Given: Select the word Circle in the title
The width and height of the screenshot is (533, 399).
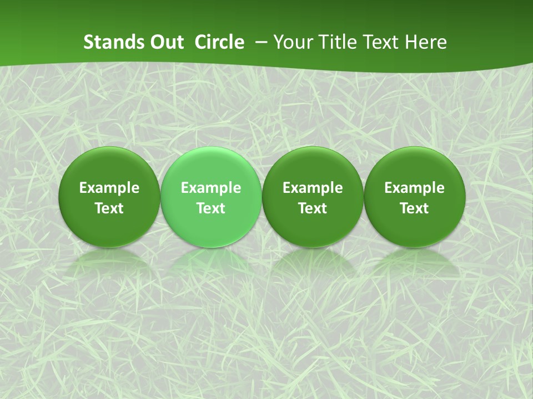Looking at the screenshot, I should tap(219, 42).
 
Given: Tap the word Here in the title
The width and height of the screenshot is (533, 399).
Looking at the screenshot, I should tap(426, 42).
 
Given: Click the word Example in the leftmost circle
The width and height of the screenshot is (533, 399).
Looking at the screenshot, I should tap(109, 188).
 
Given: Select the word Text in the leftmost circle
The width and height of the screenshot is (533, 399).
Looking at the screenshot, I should tap(109, 208).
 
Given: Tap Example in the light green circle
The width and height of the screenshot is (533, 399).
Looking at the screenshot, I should tap(211, 188).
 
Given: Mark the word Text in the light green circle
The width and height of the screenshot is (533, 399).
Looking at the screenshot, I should tap(211, 208).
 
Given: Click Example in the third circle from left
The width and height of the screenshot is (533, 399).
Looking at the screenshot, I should tap(313, 188).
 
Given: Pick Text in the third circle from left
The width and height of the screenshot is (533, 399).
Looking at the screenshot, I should tap(313, 208).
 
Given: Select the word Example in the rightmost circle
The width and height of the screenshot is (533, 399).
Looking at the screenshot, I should tap(415, 188).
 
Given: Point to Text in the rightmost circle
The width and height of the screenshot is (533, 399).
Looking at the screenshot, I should tap(415, 208).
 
